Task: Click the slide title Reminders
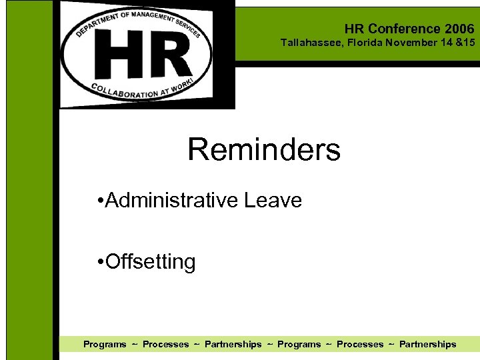(x=263, y=150)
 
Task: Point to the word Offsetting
(x=151, y=261)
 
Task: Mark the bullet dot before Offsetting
(x=99, y=262)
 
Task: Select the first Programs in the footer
(x=105, y=344)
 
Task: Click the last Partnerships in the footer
(x=427, y=344)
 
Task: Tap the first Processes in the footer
(x=165, y=344)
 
